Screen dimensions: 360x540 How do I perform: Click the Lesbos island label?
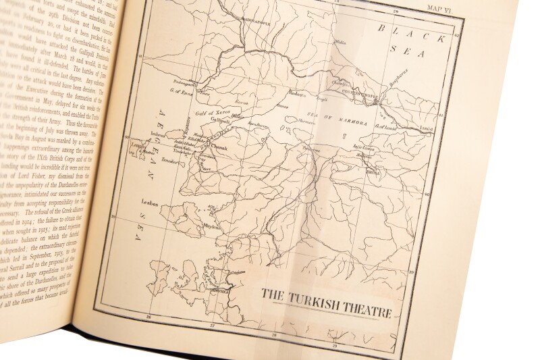point(149,201)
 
